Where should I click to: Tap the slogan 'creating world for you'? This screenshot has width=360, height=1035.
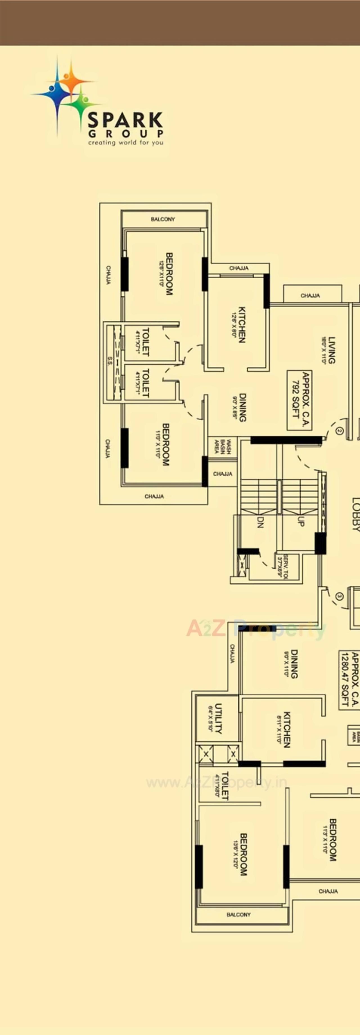(x=126, y=143)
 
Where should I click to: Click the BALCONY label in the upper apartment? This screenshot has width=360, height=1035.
(x=163, y=219)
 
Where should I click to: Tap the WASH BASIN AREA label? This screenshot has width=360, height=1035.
(x=222, y=446)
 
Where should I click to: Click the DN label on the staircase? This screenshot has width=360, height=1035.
(x=260, y=522)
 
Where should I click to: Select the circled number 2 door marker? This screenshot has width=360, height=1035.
(x=339, y=431)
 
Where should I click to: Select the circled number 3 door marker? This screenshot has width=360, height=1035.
(x=339, y=596)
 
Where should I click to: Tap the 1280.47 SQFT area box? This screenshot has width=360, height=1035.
(x=349, y=680)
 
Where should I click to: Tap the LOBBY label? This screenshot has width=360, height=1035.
(x=355, y=514)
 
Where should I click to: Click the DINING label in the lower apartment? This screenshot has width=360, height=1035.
(x=294, y=664)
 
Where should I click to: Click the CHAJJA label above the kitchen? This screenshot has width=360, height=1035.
(x=239, y=268)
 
